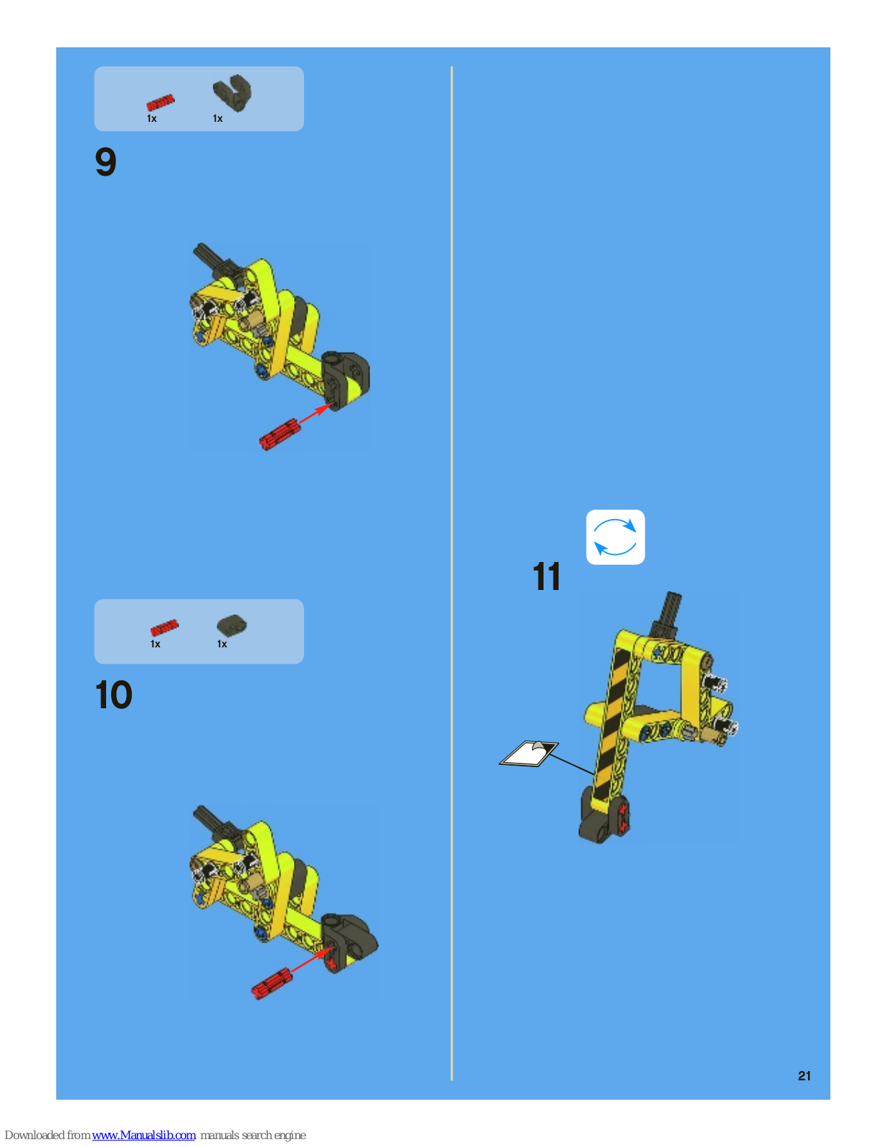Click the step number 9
tap(105, 161)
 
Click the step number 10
tap(113, 695)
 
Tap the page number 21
tap(804, 1076)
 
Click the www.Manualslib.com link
tap(143, 1135)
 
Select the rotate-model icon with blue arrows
tap(615, 537)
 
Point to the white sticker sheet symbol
tap(528, 753)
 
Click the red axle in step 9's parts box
tap(161, 102)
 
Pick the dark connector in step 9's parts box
tap(232, 92)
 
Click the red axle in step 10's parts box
tap(164, 627)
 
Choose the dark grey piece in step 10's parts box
tap(232, 626)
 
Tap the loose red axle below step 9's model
tap(280, 434)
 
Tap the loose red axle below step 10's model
tap(272, 983)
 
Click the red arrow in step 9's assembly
tap(316, 413)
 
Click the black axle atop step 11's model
tap(667, 613)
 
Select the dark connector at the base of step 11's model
tap(604, 816)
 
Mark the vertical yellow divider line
tap(452, 573)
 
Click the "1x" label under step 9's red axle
tap(151, 119)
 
